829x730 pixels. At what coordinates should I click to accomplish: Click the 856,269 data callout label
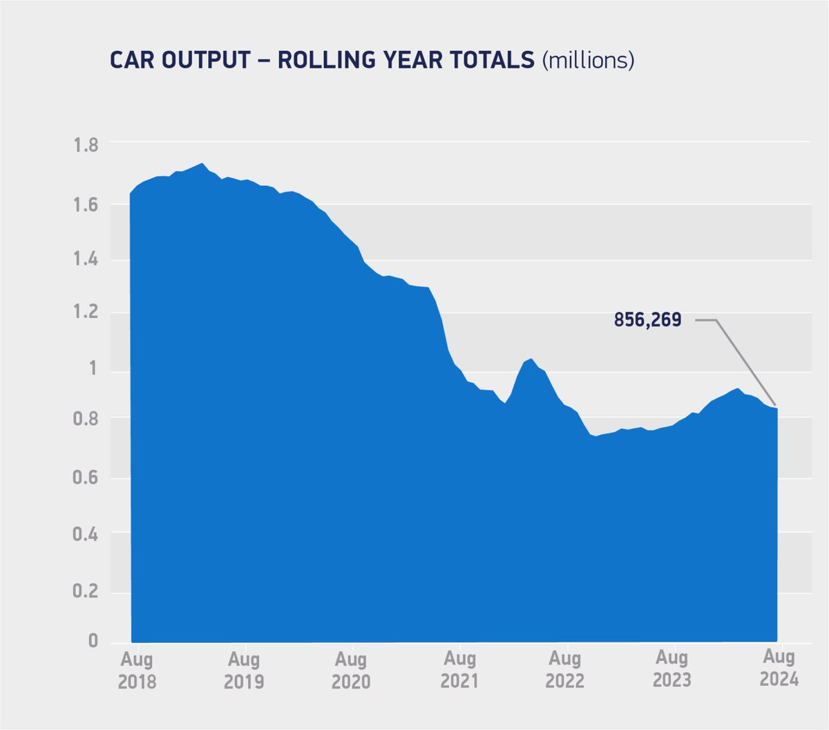click(647, 320)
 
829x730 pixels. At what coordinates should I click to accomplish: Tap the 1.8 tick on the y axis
click(86, 145)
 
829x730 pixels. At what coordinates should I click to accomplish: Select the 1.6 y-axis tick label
click(86, 205)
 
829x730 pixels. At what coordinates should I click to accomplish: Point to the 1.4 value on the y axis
click(86, 260)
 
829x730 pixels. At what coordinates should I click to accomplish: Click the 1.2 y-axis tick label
click(86, 313)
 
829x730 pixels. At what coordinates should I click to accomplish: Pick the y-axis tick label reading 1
click(93, 368)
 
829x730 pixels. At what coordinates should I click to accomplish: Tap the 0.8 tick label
click(86, 419)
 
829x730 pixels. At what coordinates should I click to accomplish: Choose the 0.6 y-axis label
click(86, 478)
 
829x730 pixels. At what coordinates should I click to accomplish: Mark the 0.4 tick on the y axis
click(86, 534)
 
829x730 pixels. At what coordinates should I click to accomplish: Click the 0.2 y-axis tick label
click(86, 592)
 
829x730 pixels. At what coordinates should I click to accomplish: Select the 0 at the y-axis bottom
click(93, 641)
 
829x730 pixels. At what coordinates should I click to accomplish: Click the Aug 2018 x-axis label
click(137, 670)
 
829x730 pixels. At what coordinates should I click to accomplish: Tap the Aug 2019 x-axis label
click(244, 670)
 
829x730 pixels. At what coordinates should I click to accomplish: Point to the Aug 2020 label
click(351, 670)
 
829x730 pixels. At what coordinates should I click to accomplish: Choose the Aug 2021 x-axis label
click(459, 670)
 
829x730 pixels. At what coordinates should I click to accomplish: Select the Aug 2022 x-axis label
click(565, 670)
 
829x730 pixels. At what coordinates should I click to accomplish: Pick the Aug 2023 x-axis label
click(671, 668)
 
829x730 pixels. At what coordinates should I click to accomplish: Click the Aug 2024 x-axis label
click(779, 668)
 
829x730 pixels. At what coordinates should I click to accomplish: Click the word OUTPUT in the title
click(206, 60)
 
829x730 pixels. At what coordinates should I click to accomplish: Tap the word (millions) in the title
click(588, 60)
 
